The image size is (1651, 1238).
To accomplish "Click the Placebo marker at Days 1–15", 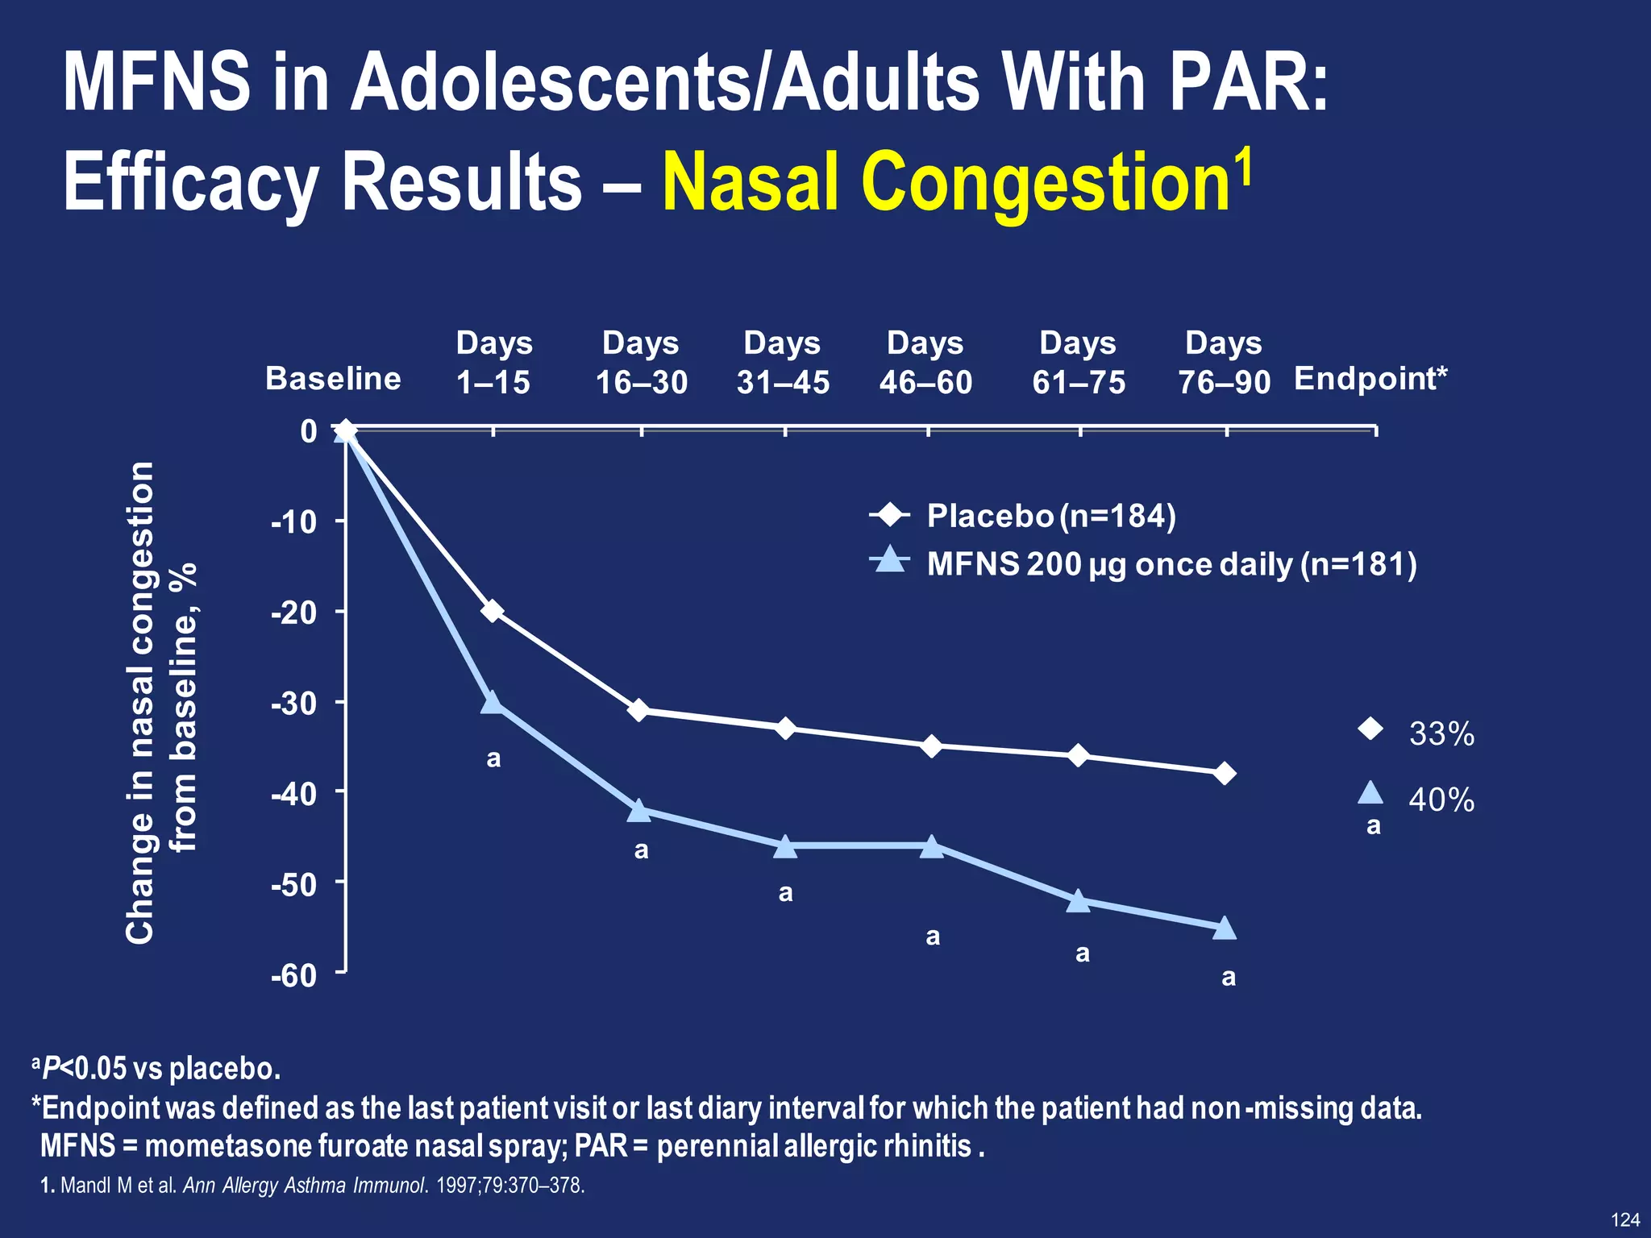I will pos(493,612).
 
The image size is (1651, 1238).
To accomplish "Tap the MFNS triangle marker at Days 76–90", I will pos(1225,928).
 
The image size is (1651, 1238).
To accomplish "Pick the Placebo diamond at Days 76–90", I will pos(1225,774).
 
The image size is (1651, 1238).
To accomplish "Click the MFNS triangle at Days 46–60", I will pos(931,846).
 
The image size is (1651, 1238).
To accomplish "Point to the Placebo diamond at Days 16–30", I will pos(638,710).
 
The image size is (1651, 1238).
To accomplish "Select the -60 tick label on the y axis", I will pos(294,976).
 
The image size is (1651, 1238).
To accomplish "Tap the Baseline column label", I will pos(333,379).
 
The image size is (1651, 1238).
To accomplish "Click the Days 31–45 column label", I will pos(783,363).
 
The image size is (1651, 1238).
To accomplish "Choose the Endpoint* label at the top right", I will pos(1370,379).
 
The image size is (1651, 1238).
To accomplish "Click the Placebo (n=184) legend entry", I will pos(1050,516).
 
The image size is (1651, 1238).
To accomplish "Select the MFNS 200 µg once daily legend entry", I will pos(1171,564).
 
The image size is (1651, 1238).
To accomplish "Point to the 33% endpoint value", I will pos(1441,734).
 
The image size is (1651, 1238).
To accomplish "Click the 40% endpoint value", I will pos(1441,800).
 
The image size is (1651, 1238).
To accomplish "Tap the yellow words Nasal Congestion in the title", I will pos(947,183).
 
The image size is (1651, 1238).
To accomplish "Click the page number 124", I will pos(1624,1219).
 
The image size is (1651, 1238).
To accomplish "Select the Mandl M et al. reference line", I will pos(312,1186).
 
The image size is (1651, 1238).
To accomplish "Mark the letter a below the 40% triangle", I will pos(1374,826).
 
